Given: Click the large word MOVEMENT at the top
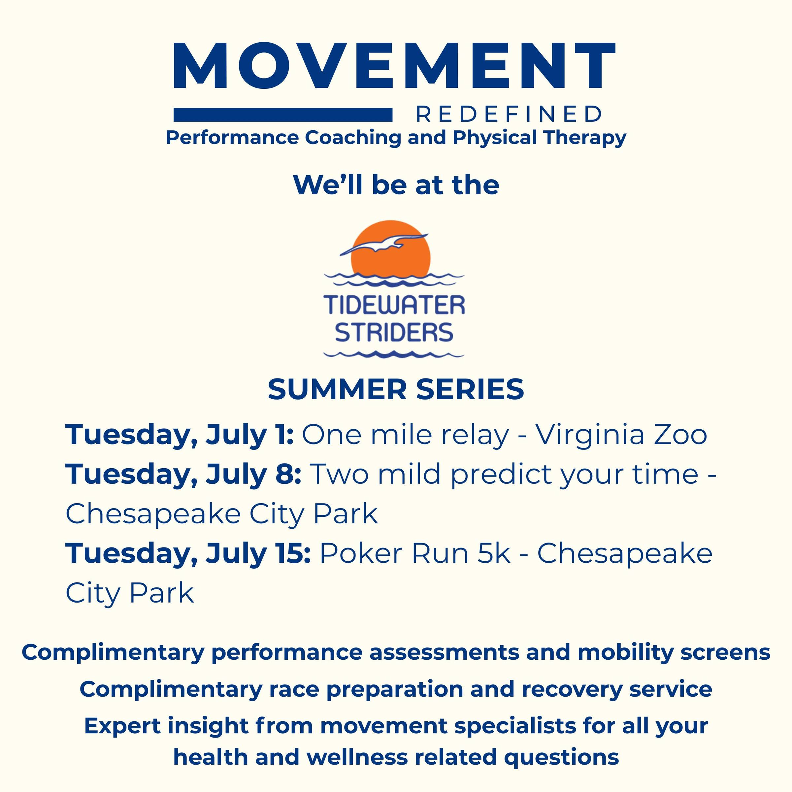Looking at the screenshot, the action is click(394, 66).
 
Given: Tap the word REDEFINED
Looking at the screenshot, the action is click(510, 115).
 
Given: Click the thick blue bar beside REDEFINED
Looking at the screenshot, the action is click(283, 115).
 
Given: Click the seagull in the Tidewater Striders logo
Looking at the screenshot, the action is click(384, 245).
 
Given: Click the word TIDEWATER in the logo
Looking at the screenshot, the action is click(394, 305).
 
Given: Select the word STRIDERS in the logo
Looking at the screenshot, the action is click(394, 332).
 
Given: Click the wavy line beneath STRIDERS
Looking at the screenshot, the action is click(394, 354).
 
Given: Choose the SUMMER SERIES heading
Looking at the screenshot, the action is click(396, 389).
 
